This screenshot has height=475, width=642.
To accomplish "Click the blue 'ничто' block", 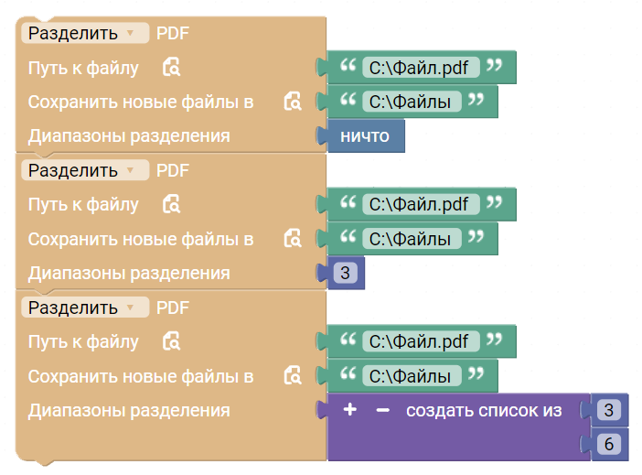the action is pos(364,136).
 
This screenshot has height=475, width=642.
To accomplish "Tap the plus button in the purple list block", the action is pos(349,409).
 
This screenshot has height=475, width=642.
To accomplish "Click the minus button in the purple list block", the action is pos(382,410).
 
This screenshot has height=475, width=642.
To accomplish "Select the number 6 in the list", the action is pos(609,444).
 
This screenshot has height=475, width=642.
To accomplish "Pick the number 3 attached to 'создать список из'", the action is pos(609,410).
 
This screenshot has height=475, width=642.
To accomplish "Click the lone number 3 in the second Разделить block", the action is pos(345,273).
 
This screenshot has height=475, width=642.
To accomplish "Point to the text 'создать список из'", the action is pos(484,410).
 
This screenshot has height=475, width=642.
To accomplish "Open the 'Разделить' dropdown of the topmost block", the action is pos(85,33).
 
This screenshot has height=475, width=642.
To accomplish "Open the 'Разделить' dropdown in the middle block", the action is pos(85,170).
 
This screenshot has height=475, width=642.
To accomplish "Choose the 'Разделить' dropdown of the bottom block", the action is pos(85,308).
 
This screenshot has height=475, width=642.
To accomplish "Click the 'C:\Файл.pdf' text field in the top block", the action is pos(421,68).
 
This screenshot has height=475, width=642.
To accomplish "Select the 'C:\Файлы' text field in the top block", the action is pos(412,102).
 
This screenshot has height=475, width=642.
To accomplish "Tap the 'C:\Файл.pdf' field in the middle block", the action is pos(421,204).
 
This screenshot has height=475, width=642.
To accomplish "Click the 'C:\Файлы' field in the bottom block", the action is pos(412,376).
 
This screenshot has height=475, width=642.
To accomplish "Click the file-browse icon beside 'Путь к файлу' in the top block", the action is pos(171,67).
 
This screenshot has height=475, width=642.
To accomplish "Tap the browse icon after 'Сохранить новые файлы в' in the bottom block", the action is pos(293,375).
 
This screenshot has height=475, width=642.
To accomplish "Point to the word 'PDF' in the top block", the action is pos(172,34).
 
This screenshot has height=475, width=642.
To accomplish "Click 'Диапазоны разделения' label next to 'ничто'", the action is pos(129,136).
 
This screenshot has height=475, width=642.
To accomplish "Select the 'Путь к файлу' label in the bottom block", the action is pos(83,341).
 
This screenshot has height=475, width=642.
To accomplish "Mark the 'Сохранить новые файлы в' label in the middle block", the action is pos(141,239).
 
